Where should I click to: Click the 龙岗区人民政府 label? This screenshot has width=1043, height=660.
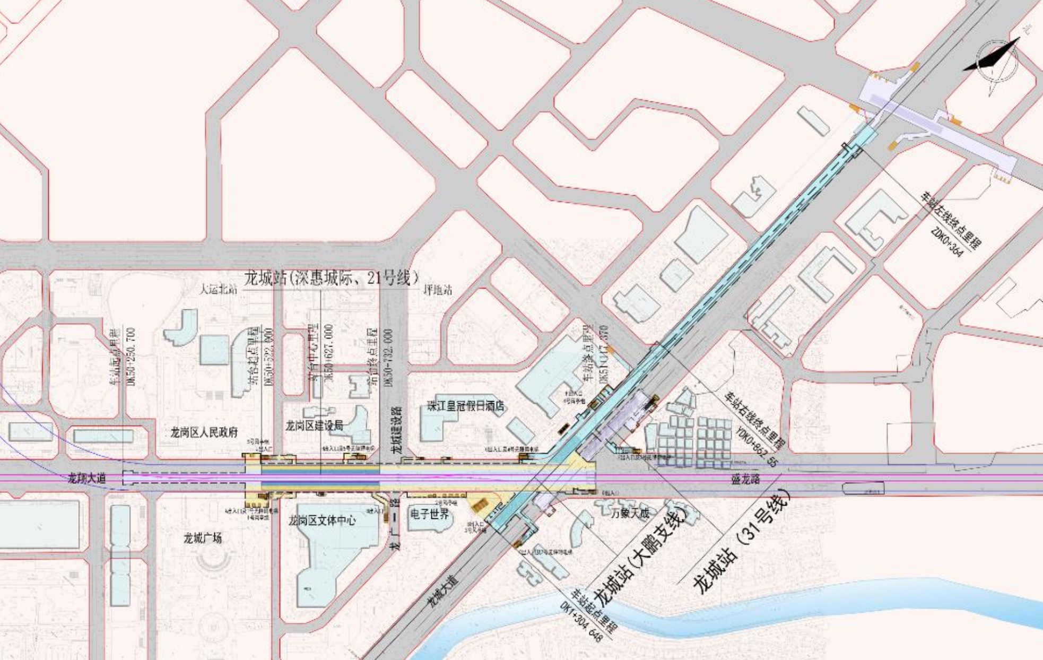tap(204, 432)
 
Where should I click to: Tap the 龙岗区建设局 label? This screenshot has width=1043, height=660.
tap(314, 425)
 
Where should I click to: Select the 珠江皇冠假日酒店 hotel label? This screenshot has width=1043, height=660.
tap(466, 406)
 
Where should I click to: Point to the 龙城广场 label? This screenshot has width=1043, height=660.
tap(203, 538)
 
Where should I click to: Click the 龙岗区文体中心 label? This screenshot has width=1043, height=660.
tap(322, 520)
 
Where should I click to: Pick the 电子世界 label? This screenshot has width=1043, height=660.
tap(430, 514)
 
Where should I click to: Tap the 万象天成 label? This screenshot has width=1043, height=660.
tap(630, 513)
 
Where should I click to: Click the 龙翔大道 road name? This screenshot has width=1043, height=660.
tap(86, 478)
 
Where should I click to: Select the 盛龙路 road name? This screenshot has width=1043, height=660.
tap(745, 479)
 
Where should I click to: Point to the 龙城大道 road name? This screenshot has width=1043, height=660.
tap(441, 591)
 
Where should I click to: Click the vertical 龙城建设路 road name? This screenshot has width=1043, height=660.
tap(397, 430)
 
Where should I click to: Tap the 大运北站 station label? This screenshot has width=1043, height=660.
tap(218, 289)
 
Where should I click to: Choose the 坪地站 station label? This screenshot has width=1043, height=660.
tap(438, 290)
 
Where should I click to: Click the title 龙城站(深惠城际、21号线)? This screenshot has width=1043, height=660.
tap(331, 277)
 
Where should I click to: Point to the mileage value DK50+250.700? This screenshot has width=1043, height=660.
tap(132, 356)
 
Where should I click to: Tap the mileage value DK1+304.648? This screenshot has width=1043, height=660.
tap(581, 622)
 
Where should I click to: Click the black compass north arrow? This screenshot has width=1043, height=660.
tap(992, 56)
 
